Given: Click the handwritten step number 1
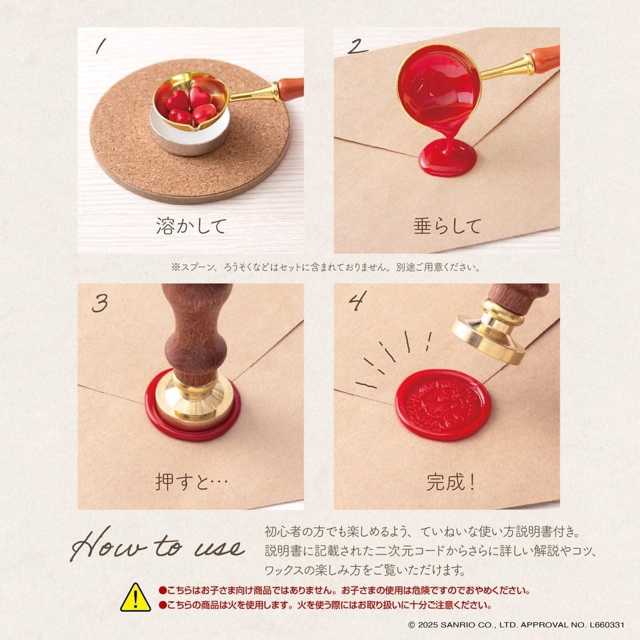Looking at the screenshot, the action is [100, 46].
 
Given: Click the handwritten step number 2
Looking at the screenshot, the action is [357, 47].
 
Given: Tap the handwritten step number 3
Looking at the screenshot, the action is [100, 303].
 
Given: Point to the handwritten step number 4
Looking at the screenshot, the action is [357, 301].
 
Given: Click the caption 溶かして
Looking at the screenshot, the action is [191, 226].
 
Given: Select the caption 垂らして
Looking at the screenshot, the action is [447, 226].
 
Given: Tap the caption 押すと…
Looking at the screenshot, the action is [191, 482].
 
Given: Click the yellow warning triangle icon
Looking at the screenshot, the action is [136, 598].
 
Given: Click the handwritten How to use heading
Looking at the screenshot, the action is [158, 544].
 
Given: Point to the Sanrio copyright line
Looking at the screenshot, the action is [516, 625].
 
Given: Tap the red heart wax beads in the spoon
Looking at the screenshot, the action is [191, 106].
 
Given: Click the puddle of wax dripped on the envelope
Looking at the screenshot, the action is [447, 158].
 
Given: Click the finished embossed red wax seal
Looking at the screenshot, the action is [442, 405].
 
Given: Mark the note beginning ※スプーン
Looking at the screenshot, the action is [326, 268].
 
